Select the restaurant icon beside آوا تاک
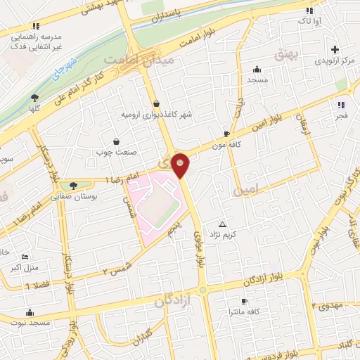click(x=309, y=11)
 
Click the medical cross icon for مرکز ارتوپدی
click(x=335, y=49)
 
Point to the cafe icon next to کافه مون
click(x=226, y=134)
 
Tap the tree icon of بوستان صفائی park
click(x=73, y=186)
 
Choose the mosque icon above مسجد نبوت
click(x=29, y=313)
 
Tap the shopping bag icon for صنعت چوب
click(x=115, y=141)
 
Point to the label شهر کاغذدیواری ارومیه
click(x=156, y=114)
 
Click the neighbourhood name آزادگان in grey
click(x=172, y=302)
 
